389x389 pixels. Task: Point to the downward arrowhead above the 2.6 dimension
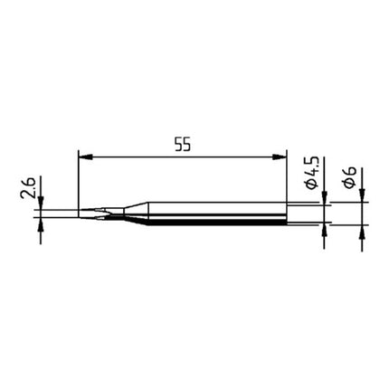tap(42, 204)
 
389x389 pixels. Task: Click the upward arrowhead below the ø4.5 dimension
tap(325, 232)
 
